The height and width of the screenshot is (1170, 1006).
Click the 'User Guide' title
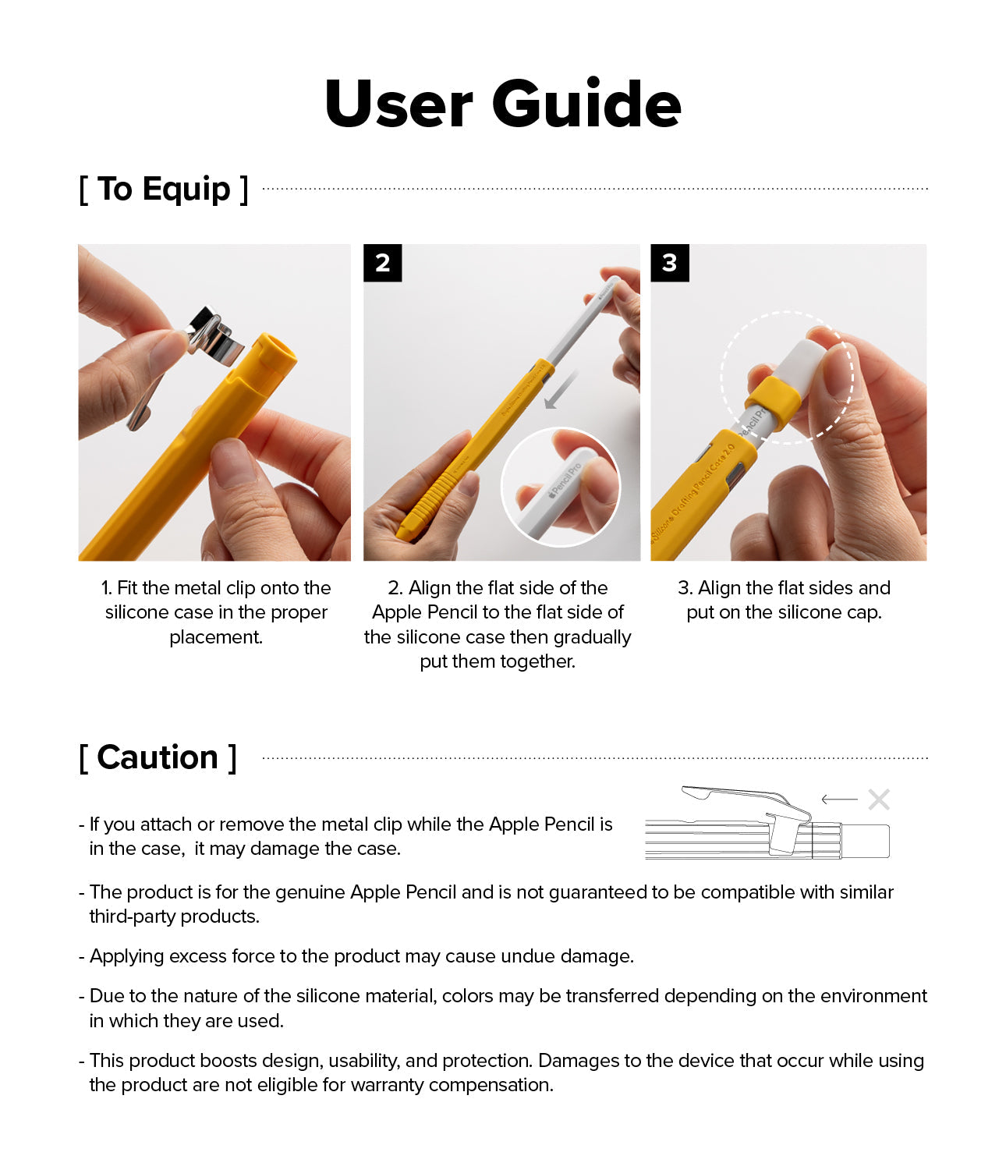point(503,104)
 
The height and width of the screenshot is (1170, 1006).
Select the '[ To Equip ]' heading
point(164,190)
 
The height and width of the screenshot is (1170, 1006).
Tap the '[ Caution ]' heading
point(158,758)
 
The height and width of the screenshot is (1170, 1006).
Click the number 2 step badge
point(382,263)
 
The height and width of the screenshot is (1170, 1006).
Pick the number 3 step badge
point(669,263)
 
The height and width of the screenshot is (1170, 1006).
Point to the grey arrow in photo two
point(560,390)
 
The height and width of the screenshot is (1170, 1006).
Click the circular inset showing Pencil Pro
point(560,487)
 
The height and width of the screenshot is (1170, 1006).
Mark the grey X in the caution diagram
point(879,799)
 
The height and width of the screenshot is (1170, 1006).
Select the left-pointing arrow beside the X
point(839,799)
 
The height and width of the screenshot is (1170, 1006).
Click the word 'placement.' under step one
point(216,637)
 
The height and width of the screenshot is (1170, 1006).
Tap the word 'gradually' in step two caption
point(592,637)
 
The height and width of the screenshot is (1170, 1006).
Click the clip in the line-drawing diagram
point(749,803)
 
